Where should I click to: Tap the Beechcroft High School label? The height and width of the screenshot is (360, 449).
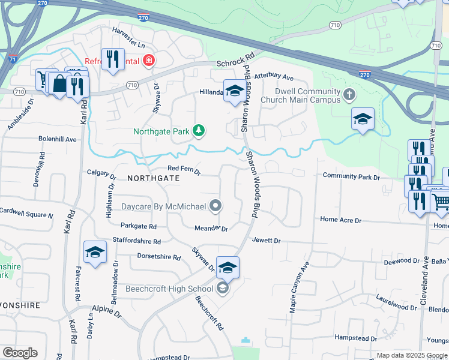click(x=169, y=289)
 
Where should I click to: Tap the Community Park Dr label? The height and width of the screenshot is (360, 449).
click(x=351, y=177)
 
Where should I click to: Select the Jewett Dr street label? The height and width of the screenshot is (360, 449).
click(x=267, y=241)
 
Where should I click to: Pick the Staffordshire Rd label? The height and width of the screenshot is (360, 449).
click(x=137, y=242)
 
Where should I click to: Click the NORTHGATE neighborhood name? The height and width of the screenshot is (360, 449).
click(x=153, y=178)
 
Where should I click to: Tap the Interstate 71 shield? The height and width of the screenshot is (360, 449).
click(x=13, y=59)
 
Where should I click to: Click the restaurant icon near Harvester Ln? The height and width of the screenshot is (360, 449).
click(x=113, y=58)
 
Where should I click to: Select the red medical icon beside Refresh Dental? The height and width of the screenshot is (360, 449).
click(x=148, y=61)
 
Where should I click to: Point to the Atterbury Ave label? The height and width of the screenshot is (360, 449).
click(x=273, y=77)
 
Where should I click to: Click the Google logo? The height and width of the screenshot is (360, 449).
click(x=20, y=353)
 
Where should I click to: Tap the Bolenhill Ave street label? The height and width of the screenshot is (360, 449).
click(x=58, y=139)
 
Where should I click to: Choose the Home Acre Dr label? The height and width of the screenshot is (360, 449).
click(x=340, y=220)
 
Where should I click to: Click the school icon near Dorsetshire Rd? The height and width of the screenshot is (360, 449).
click(x=95, y=253)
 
